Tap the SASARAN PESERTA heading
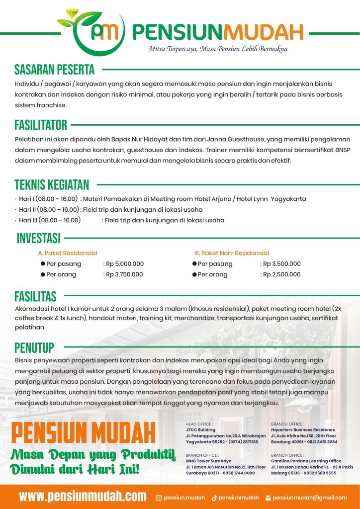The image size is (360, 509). click(54, 69)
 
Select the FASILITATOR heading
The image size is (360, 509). click(41, 125)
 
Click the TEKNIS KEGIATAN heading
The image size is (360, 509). click(52, 185)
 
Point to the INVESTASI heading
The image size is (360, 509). click(38, 238)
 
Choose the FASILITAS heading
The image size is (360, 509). click(35, 297)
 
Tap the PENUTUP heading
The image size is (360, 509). click(34, 346)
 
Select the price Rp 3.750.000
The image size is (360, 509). click(125, 274)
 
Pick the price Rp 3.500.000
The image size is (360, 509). click(282, 264)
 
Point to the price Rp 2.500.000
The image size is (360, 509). click(282, 274)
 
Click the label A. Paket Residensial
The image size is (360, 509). click(68, 253)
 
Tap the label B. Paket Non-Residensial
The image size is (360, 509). click(232, 253)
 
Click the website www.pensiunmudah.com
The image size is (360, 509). click(83, 496)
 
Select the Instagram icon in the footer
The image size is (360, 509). click(159, 498)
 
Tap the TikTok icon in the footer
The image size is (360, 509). click(214, 498)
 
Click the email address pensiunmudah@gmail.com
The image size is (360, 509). click(309, 498)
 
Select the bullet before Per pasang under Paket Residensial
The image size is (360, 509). click(43, 264)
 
